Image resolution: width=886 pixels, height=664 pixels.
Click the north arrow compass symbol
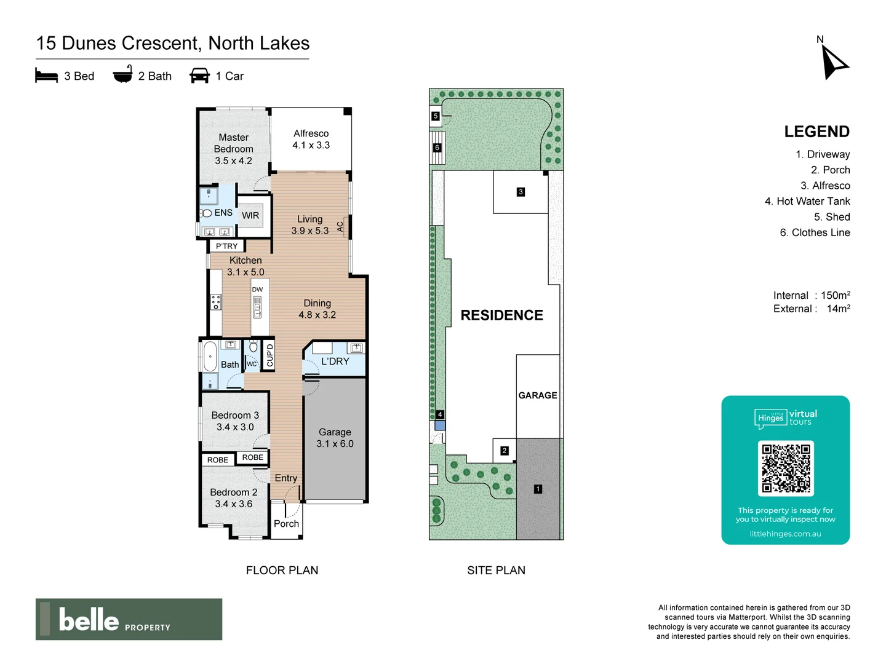[833, 62]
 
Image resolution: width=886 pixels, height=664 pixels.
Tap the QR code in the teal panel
[786, 468]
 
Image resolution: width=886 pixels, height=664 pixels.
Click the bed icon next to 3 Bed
[46, 76]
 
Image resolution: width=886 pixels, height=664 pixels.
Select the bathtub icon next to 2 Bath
[123, 74]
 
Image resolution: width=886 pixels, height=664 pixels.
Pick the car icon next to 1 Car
[200, 76]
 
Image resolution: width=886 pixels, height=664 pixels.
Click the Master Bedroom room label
[233, 149]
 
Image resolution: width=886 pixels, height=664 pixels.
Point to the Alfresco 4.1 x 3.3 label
[311, 140]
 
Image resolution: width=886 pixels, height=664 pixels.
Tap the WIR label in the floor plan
[250, 216]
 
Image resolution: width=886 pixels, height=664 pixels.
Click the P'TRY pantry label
[226, 247]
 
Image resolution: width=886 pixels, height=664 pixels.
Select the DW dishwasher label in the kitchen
[257, 290]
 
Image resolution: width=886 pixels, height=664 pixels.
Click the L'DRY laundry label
[335, 362]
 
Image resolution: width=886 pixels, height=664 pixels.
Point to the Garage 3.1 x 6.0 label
[335, 438]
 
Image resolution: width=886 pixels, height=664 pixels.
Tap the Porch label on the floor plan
[286, 524]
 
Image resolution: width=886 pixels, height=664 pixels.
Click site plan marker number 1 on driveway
[538, 489]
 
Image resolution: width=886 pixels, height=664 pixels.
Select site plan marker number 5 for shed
[436, 116]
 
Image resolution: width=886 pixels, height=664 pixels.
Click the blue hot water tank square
[440, 425]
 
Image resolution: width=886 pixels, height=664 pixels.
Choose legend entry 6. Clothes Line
[815, 232]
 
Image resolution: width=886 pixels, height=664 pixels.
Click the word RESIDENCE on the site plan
[501, 315]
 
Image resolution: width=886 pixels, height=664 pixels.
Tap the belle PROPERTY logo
[129, 619]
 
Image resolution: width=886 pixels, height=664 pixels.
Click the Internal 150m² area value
[835, 296]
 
